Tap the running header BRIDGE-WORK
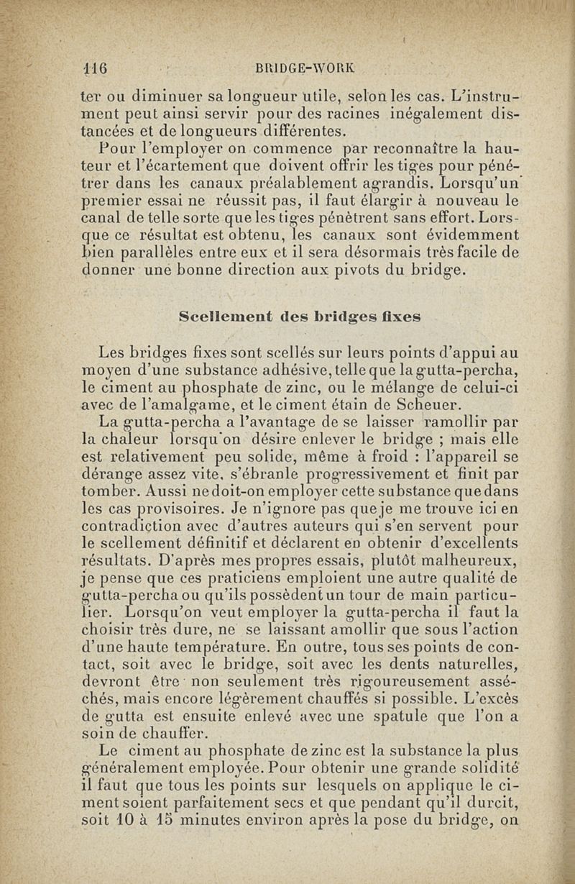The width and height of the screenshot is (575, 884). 305,69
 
